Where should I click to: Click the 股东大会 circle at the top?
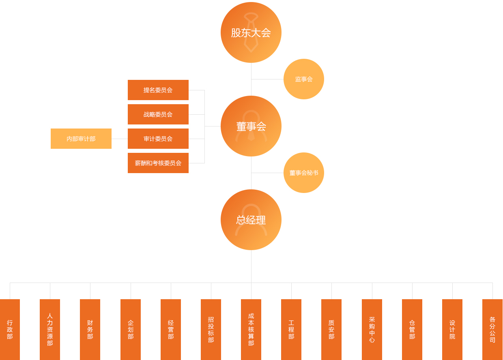click(251, 32)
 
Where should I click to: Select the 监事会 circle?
click(304, 79)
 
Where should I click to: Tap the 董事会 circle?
click(251, 126)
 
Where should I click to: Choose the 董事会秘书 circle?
click(304, 173)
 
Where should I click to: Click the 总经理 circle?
click(251, 220)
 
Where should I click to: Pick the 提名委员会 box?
click(158, 90)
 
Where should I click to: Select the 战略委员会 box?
click(158, 114)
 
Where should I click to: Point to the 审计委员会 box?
click(158, 139)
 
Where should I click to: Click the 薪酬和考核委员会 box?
click(158, 163)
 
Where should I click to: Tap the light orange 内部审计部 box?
click(81, 139)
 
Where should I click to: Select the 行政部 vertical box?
click(10, 330)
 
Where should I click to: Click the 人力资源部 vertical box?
click(50, 330)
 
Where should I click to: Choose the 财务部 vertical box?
click(90, 330)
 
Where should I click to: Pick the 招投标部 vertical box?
click(211, 330)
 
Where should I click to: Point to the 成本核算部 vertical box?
click(251, 330)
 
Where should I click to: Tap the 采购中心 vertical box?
click(372, 330)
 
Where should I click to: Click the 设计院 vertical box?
click(452, 330)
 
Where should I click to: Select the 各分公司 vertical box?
click(492, 330)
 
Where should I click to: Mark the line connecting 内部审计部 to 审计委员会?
click(120, 139)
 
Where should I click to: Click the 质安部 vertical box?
click(331, 330)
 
